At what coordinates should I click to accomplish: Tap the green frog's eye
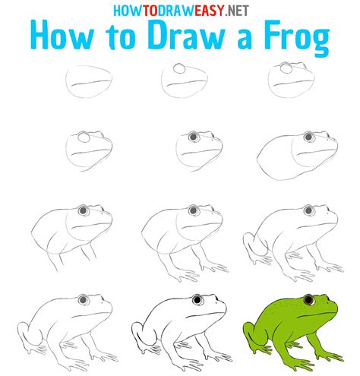[308, 302]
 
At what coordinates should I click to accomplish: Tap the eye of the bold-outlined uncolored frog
[197, 302]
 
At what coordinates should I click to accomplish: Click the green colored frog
[292, 327]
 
